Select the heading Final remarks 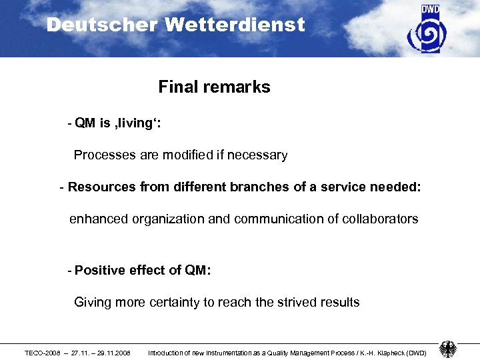pos(214,87)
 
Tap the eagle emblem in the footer pos(447,349)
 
